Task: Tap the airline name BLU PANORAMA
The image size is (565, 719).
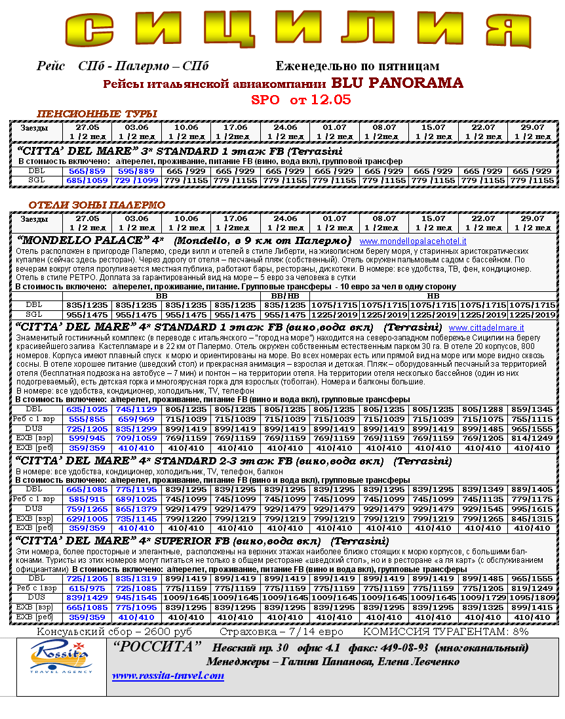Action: pos(397,83)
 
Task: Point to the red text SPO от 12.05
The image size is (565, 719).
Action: pos(301,100)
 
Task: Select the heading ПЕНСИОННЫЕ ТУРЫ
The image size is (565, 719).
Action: pos(97,113)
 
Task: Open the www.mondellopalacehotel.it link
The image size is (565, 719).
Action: pos(413,241)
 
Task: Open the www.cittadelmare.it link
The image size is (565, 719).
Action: pos(486,327)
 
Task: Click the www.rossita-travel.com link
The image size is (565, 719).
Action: pos(168,676)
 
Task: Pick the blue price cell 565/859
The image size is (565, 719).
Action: pos(87,171)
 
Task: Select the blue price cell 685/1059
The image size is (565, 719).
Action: pos(87,180)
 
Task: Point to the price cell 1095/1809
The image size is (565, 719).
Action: pos(532,598)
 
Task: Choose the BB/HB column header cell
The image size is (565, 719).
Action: pos(284,296)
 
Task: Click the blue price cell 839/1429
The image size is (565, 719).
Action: pos(87,598)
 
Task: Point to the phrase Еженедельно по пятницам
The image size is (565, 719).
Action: pos(357,66)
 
